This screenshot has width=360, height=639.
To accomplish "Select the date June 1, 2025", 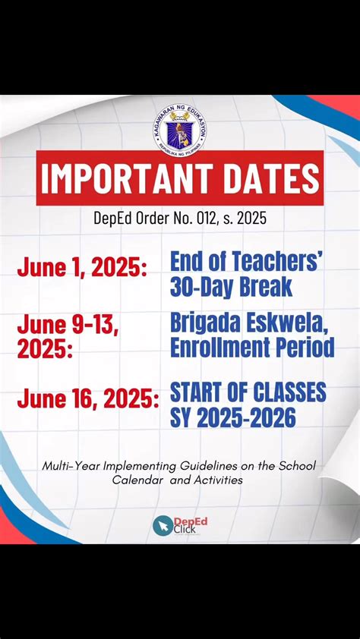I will click(82, 268).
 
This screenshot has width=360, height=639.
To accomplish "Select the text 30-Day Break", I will click(231, 288).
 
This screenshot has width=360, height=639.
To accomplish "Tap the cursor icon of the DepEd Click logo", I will click(162, 525).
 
